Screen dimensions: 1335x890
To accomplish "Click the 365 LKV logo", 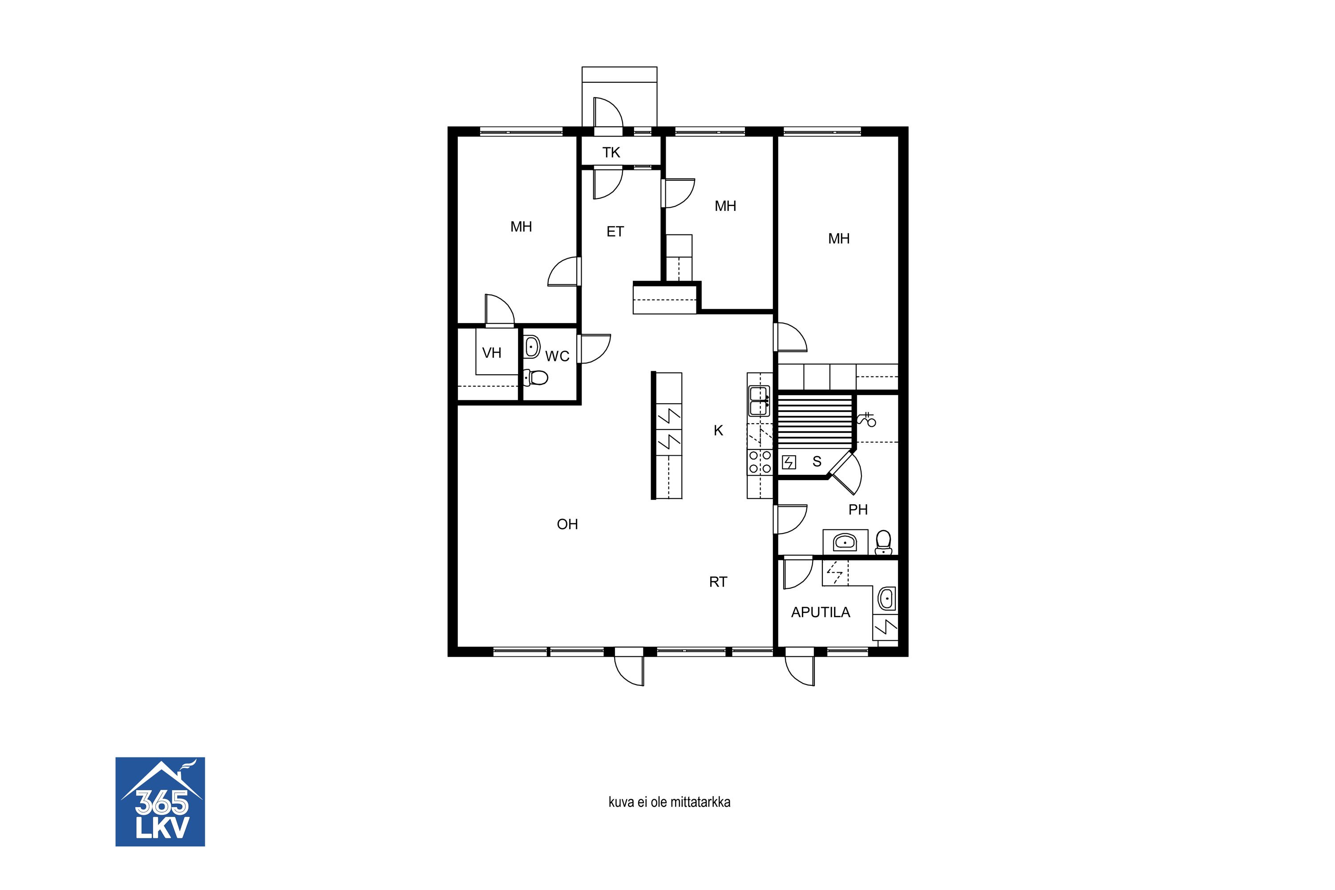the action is pyautogui.click(x=160, y=801).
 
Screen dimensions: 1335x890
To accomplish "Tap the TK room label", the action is pyautogui.click(x=611, y=153).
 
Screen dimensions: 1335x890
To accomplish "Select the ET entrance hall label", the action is pyautogui.click(x=615, y=231).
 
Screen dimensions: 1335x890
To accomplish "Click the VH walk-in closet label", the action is pyautogui.click(x=492, y=353).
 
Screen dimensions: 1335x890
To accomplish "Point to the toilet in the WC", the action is pyautogui.click(x=535, y=377).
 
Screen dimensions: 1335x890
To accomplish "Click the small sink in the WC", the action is pyautogui.click(x=532, y=346).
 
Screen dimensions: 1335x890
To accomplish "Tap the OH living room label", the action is pyautogui.click(x=568, y=524).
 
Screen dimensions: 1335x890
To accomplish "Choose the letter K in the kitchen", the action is pyautogui.click(x=719, y=431).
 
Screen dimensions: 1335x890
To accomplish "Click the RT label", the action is pyautogui.click(x=718, y=582).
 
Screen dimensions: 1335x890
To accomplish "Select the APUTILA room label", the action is pyautogui.click(x=821, y=612).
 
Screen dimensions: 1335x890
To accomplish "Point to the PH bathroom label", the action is pyautogui.click(x=858, y=510).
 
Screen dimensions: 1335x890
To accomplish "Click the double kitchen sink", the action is pyautogui.click(x=759, y=401).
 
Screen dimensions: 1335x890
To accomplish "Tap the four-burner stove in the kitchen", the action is pyautogui.click(x=760, y=461).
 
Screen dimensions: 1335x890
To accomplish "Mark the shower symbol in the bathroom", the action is pyautogui.click(x=867, y=420).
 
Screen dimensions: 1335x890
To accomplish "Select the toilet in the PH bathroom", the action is pyautogui.click(x=884, y=542).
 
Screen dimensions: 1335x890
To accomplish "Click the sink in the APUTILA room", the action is pyautogui.click(x=886, y=598).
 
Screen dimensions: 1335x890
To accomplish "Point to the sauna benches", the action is pyautogui.click(x=815, y=422).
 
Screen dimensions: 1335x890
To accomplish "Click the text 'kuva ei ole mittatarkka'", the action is pyautogui.click(x=669, y=802).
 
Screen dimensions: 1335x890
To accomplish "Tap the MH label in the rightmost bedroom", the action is pyautogui.click(x=839, y=239).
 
